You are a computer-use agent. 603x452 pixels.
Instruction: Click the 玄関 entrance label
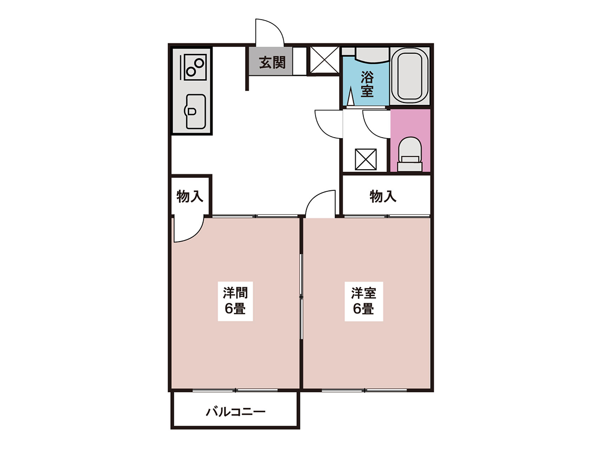click(x=272, y=63)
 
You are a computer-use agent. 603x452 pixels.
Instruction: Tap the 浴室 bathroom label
click(x=367, y=84)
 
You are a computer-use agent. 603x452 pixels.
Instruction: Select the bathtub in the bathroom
click(x=410, y=76)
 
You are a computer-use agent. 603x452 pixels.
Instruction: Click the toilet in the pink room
click(x=410, y=154)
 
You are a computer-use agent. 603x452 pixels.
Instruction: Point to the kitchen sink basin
click(x=196, y=111)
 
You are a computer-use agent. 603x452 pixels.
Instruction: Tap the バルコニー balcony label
click(x=236, y=412)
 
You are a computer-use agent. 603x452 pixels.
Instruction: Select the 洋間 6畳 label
click(x=235, y=300)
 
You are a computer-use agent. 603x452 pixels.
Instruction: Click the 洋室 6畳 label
click(x=363, y=300)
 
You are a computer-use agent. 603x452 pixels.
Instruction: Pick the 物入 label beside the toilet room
click(x=383, y=196)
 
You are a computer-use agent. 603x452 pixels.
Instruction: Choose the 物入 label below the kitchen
click(x=190, y=196)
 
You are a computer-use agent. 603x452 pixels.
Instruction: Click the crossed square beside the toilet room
click(x=366, y=159)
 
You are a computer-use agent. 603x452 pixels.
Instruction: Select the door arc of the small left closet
click(x=196, y=235)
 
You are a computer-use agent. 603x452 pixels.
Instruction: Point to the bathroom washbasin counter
click(x=372, y=55)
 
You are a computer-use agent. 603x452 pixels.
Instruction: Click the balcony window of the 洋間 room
click(x=235, y=390)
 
